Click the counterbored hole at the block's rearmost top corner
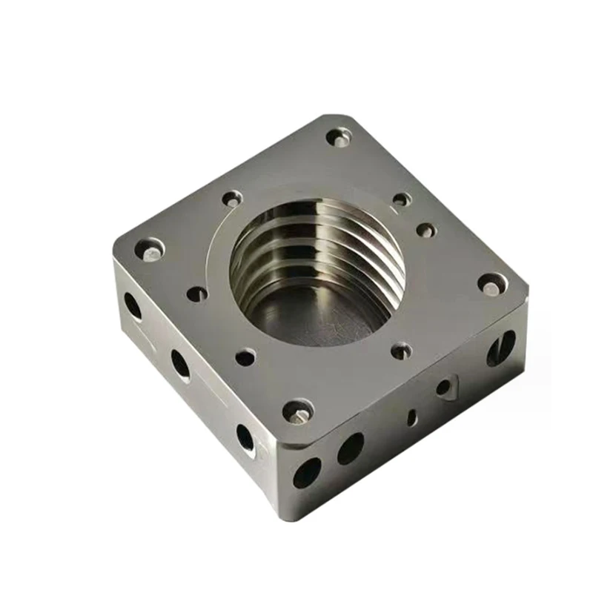pos(339,137)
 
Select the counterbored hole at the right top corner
pos(491,283)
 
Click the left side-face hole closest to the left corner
pos(133,305)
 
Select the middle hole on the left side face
pos(180,364)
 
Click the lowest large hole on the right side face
pos(307,472)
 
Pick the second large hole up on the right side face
pos(351,448)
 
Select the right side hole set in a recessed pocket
pos(443,386)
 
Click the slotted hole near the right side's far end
pos(501,347)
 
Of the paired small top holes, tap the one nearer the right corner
pos(426,230)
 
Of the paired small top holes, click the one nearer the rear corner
pos(401,199)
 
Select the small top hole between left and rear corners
pos(232,198)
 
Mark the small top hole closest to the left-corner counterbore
pos(197,294)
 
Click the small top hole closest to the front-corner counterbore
pos(245,358)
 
